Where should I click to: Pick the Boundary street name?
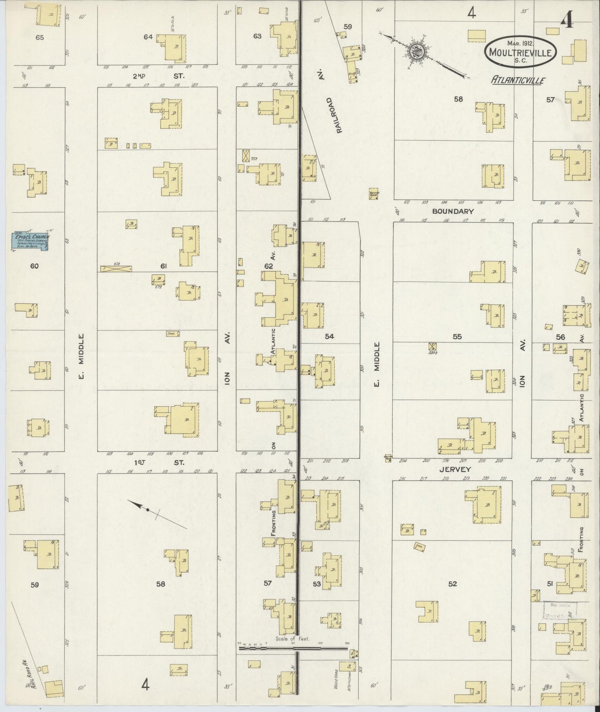(453, 211)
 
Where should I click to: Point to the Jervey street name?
(457, 469)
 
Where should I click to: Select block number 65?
(39, 37)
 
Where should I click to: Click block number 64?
(148, 37)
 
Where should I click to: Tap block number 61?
(163, 266)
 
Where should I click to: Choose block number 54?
(329, 336)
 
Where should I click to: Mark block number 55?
(457, 336)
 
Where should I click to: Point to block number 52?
(452, 584)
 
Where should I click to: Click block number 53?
(317, 584)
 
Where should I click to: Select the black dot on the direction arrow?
(147, 509)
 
